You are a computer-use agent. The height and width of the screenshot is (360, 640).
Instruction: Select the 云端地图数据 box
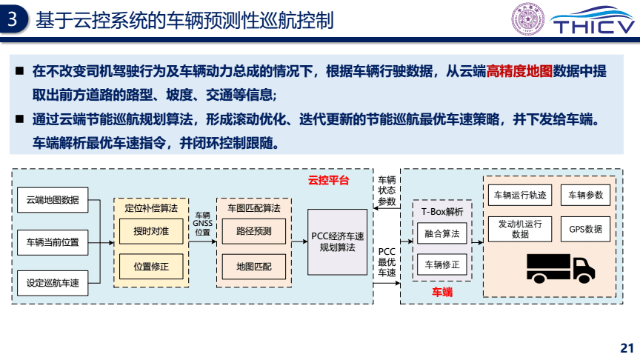(x=52, y=199)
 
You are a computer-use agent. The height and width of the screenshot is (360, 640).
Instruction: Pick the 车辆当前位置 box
(x=52, y=241)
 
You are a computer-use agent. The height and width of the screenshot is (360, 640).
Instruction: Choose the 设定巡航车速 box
(x=52, y=282)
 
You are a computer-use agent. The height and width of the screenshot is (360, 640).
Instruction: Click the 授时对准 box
(x=151, y=231)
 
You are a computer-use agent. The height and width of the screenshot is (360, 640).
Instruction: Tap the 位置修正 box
(x=151, y=265)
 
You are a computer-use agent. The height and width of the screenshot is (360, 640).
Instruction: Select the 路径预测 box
(x=254, y=231)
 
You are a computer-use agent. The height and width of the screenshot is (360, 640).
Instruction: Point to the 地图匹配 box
(x=254, y=265)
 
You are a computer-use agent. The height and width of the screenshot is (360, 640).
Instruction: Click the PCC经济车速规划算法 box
(x=338, y=241)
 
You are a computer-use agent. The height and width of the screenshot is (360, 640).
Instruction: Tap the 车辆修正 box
(x=442, y=264)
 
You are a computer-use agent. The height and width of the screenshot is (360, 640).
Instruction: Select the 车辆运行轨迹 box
(x=520, y=196)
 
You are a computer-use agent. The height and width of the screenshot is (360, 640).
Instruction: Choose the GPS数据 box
(x=585, y=229)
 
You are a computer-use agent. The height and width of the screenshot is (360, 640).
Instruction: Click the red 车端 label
(x=442, y=293)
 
